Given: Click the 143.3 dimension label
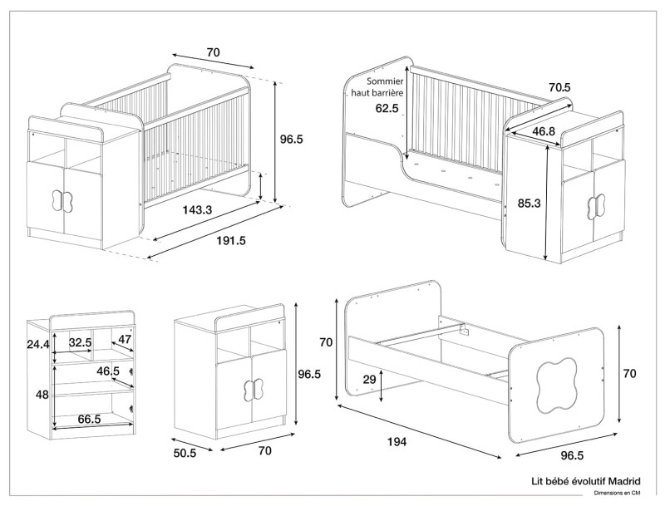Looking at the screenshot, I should (198, 209).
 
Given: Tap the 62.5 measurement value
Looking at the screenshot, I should (387, 108).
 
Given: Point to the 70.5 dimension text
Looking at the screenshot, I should (559, 87).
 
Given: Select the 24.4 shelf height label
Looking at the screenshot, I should (37, 343).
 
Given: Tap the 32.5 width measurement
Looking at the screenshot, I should (80, 341).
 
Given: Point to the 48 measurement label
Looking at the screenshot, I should (42, 395).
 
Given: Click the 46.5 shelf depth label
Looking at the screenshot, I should (108, 371).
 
